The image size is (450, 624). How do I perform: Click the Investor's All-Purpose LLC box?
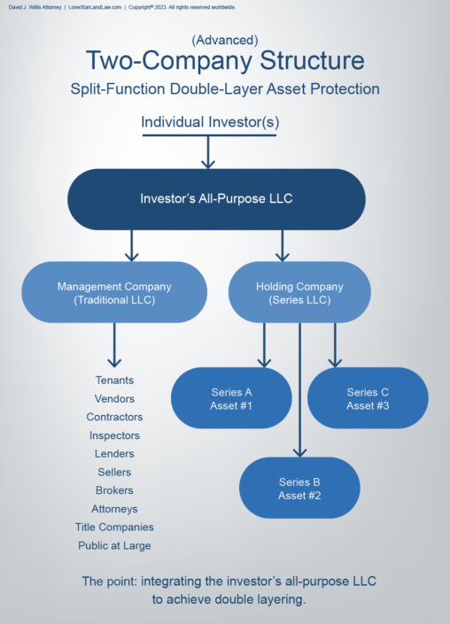click(216, 199)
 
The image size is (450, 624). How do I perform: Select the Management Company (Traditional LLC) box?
click(114, 292)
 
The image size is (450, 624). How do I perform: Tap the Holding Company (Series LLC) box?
click(299, 292)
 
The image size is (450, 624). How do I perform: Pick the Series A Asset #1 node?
click(231, 398)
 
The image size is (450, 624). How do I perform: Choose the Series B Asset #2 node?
click(299, 488)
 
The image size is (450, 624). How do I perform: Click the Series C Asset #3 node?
click(368, 398)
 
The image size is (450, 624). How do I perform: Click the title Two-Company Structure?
click(224, 61)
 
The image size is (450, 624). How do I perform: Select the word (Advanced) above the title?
click(224, 40)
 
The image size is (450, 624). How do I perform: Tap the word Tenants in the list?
click(114, 380)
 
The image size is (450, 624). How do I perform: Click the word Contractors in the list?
click(114, 417)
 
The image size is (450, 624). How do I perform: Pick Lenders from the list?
click(114, 453)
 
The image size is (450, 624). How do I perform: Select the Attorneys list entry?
click(114, 509)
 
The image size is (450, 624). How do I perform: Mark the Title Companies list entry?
click(114, 528)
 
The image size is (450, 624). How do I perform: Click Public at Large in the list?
click(114, 546)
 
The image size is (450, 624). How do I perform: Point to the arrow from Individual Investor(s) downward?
click(209, 152)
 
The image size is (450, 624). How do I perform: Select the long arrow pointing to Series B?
click(300, 389)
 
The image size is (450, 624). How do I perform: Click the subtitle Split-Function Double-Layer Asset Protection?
click(224, 89)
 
